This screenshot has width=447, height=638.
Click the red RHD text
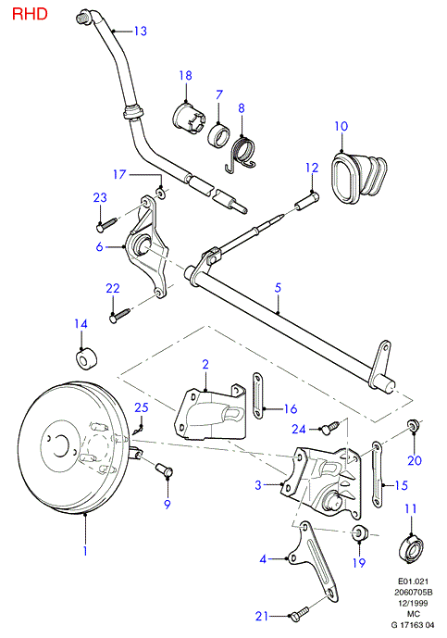coord(30,14)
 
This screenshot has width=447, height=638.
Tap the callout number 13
coord(141,31)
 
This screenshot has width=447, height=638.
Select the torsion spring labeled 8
coord(241,154)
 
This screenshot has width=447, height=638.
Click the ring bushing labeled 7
coord(218,135)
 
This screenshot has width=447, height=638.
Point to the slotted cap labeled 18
coord(188,118)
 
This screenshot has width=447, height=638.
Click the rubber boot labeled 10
coord(358,176)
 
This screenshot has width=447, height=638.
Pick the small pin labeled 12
coord(307,202)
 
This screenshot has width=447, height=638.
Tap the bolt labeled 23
coord(106,224)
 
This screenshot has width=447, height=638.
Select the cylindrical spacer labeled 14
coord(87,359)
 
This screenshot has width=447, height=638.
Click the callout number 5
coord(278,288)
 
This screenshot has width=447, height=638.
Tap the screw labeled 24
coord(329,427)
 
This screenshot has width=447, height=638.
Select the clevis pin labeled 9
coord(164,471)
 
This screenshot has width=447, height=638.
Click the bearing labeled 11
coord(413,547)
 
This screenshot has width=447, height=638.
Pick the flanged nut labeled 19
coord(359,532)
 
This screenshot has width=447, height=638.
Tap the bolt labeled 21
coord(300,613)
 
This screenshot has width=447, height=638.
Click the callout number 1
coord(85,551)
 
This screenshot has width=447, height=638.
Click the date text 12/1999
coord(412,603)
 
